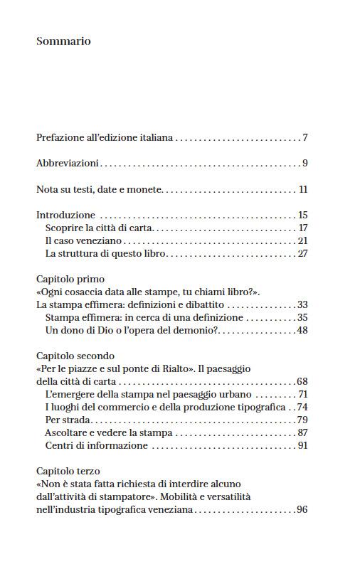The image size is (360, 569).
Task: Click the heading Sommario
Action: click(63, 41)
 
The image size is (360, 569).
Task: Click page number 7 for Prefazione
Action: click(305, 137)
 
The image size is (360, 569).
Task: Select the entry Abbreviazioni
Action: click(68, 164)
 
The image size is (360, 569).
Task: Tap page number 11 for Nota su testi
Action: click(302, 190)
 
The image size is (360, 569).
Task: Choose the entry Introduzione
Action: click(65, 215)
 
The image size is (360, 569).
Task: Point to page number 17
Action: click(302, 228)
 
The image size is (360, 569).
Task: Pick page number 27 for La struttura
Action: click(302, 253)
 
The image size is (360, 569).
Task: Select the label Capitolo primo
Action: click(70, 280)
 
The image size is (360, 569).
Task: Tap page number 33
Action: click(302, 305)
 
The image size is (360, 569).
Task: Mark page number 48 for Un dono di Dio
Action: click(302, 331)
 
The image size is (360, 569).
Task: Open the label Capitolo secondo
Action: click(75, 356)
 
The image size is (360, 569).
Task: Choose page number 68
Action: click(302, 381)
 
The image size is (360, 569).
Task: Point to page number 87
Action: click(302, 432)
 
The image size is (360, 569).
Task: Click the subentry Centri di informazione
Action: click(96, 445)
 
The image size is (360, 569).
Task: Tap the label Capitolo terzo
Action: click(68, 471)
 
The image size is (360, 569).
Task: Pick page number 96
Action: click(302, 509)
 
